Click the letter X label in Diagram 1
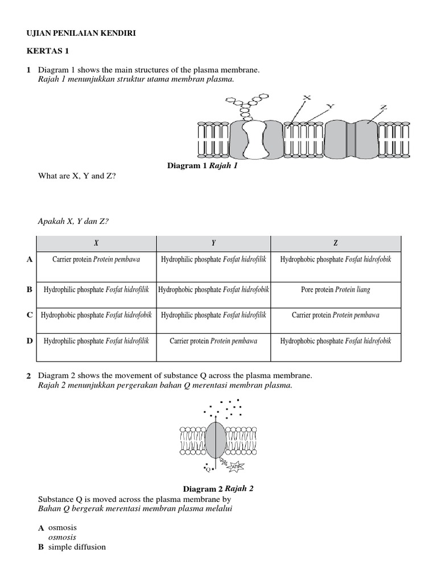(307, 98)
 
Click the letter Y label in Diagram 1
(330, 106)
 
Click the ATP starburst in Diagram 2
(237, 467)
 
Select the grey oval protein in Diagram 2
(215, 439)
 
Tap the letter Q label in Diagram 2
(208, 469)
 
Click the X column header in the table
(96, 243)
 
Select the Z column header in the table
(336, 243)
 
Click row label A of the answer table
(29, 259)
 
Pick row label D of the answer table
(29, 341)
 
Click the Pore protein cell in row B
(336, 290)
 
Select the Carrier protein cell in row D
(213, 341)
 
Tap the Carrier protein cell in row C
(336, 315)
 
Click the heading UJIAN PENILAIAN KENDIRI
(81, 34)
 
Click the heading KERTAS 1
(47, 51)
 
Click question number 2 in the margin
(28, 376)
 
